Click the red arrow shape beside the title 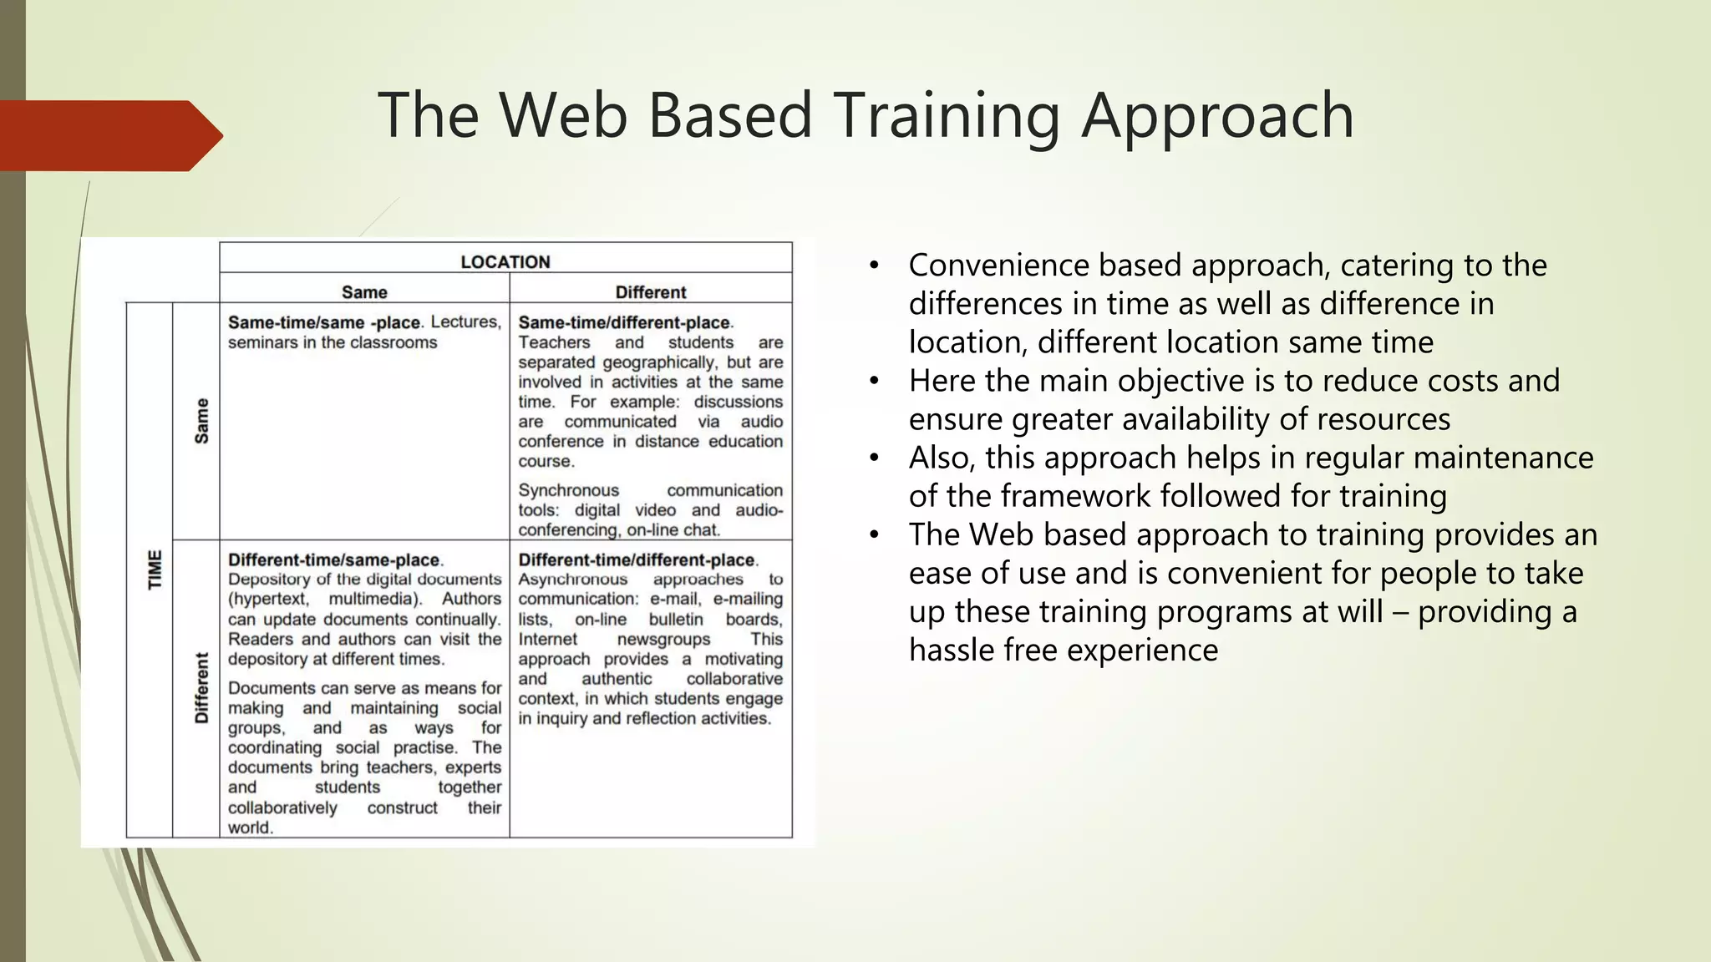(109, 135)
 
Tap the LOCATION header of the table (505, 261)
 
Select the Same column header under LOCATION (364, 292)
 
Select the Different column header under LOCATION (650, 292)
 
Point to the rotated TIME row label (155, 570)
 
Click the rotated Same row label (201, 420)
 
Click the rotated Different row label (201, 688)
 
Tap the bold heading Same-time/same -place (323, 323)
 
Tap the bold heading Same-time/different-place (624, 323)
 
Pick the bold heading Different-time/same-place (333, 560)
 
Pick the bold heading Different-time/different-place (637, 560)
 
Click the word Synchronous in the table (568, 490)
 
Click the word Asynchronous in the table (572, 580)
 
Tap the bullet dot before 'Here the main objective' (874, 382)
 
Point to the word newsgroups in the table (663, 639)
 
